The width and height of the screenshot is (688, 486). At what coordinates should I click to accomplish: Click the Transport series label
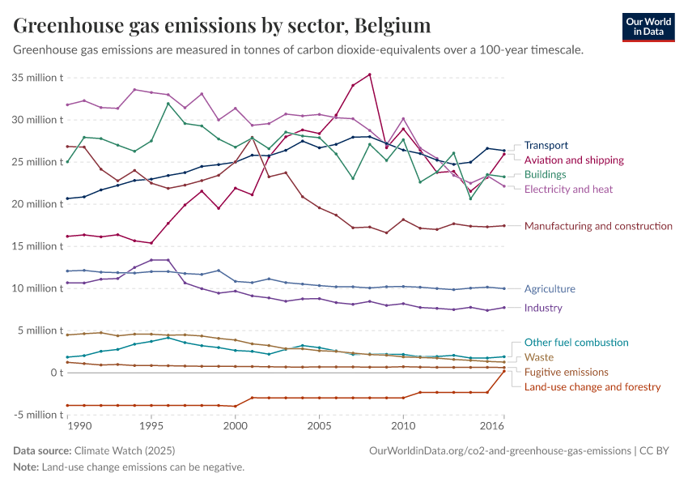(546, 146)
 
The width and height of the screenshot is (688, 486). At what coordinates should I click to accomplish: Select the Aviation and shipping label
(574, 160)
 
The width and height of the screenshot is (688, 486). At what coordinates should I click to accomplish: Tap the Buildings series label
(545, 175)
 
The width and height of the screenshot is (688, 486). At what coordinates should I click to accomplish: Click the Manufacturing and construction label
(598, 226)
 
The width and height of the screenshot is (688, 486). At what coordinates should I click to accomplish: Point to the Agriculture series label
(550, 289)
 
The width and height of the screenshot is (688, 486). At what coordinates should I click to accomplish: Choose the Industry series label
(543, 308)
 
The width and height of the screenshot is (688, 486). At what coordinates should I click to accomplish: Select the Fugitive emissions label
(566, 372)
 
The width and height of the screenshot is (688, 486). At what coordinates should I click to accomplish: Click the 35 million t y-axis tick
(38, 78)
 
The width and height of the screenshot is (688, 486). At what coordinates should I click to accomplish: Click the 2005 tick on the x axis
(319, 425)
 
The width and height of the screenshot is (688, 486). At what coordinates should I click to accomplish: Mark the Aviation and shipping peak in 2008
(370, 75)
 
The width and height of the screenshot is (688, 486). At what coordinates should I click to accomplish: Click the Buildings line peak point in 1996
(168, 104)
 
